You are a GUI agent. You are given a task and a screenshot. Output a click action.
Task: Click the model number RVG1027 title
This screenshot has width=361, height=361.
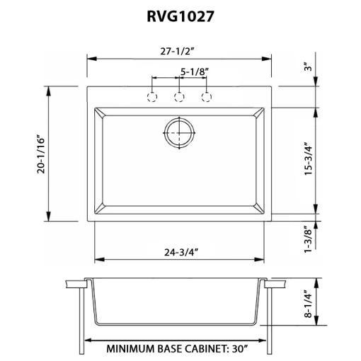coord(180,16)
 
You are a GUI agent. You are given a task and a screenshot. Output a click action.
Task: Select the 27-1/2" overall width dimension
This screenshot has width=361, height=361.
coord(177,51)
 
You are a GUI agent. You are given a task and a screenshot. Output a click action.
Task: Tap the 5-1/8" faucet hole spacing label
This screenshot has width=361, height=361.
coord(195,71)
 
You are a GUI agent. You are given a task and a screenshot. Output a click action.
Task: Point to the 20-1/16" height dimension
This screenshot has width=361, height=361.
coord(41,154)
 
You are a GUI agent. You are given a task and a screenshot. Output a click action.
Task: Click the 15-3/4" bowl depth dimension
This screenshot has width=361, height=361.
coord(308,159)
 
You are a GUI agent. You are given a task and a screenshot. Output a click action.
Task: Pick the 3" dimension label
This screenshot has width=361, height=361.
coord(308,67)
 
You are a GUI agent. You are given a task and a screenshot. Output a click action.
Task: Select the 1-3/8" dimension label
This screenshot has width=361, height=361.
coord(308,239)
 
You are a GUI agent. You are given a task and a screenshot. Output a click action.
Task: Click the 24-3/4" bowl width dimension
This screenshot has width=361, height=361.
coord(181,253)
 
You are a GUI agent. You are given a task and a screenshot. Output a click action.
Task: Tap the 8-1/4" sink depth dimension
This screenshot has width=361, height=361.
coord(308,304)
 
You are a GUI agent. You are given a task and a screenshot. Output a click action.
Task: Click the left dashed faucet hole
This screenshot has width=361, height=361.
coord(152,97)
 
